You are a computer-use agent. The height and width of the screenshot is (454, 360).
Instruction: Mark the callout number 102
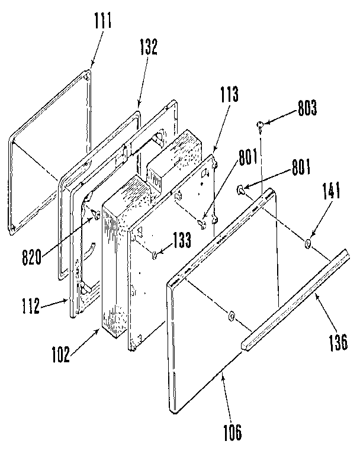[x=60, y=356]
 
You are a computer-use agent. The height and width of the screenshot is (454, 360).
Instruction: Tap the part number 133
[x=182, y=240]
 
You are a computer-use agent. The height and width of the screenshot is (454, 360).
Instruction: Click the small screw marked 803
[x=260, y=124]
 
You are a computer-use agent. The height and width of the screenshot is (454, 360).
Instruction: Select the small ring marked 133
[x=154, y=255]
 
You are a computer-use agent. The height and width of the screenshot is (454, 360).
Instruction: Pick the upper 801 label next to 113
[x=249, y=159]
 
